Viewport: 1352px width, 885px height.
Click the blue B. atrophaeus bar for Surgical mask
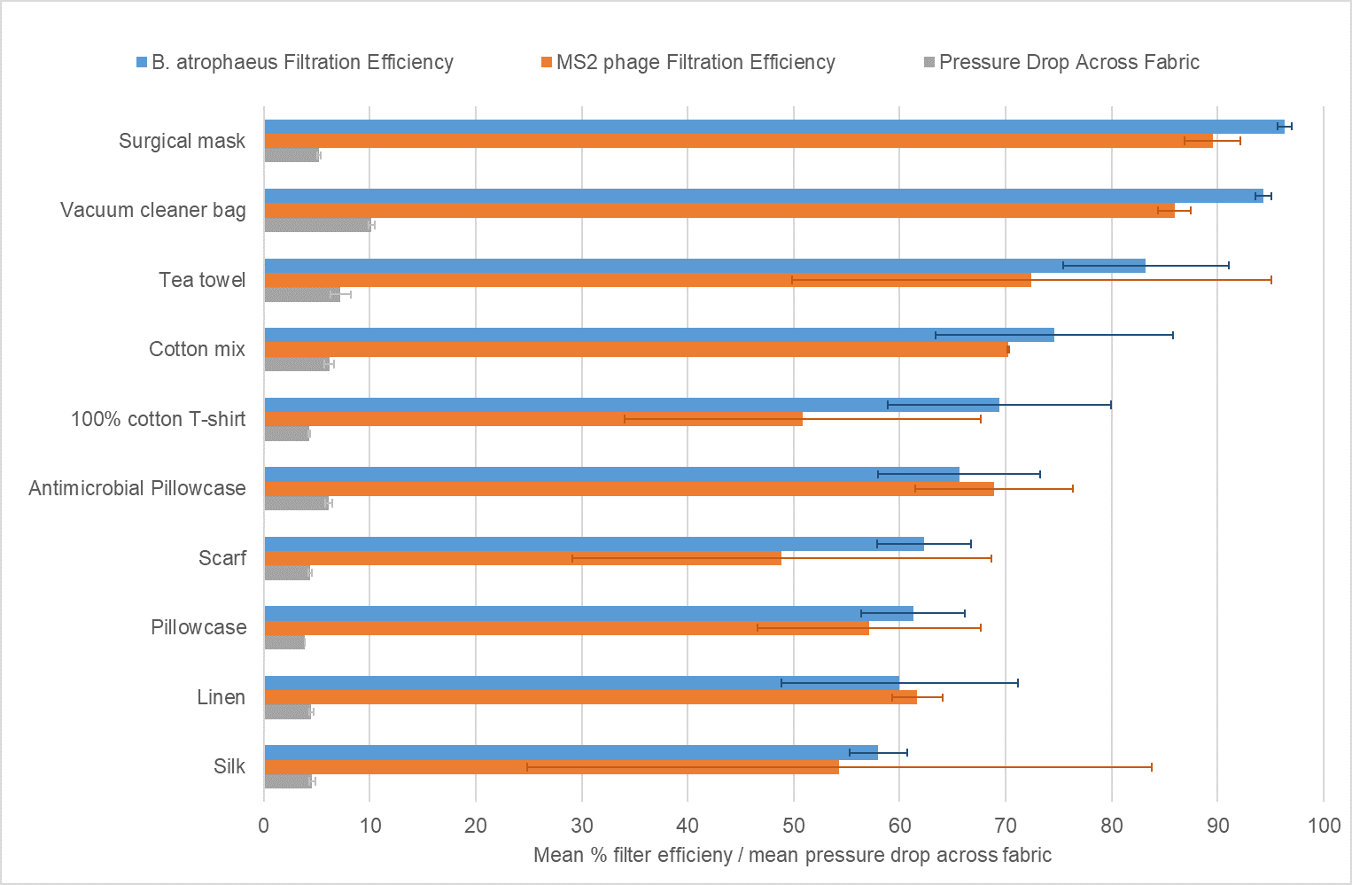pos(771,127)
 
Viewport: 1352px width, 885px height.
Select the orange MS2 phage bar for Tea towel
pos(647,280)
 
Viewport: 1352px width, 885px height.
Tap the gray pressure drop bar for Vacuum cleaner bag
pos(317,225)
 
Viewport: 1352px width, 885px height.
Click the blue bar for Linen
pos(581,683)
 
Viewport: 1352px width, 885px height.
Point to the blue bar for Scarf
pos(594,544)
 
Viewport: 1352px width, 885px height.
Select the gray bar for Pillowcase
pos(284,642)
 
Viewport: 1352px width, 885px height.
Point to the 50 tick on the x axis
pos(794,826)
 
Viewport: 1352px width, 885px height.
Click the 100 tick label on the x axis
pos(1324,826)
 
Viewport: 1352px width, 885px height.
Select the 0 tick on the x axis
pos(264,826)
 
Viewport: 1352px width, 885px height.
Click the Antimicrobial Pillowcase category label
pos(137,488)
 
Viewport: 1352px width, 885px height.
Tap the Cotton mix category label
pos(197,349)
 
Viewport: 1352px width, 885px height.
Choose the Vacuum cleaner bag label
pos(153,210)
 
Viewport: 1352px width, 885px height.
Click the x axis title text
pos(792,855)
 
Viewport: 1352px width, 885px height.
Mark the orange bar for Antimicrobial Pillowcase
pos(629,489)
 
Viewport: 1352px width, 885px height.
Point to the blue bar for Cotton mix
pos(659,335)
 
